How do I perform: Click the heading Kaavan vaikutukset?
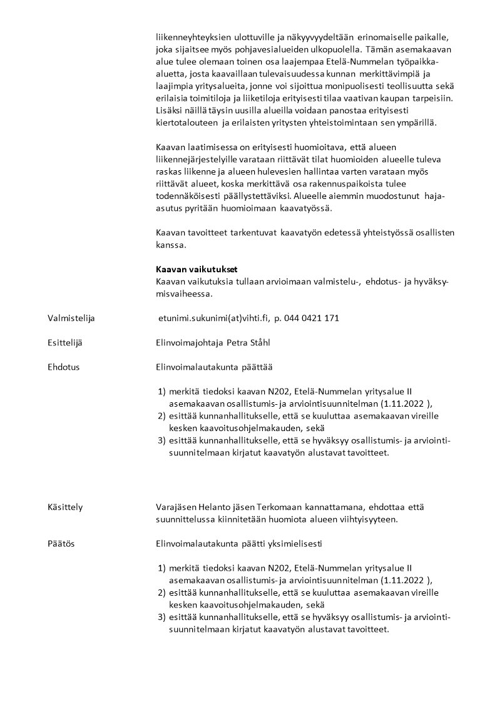(x=196, y=270)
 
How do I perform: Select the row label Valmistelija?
(x=71, y=318)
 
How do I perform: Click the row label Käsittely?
(x=65, y=507)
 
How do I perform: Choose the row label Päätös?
(x=61, y=544)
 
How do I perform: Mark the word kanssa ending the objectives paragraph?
(x=169, y=245)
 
